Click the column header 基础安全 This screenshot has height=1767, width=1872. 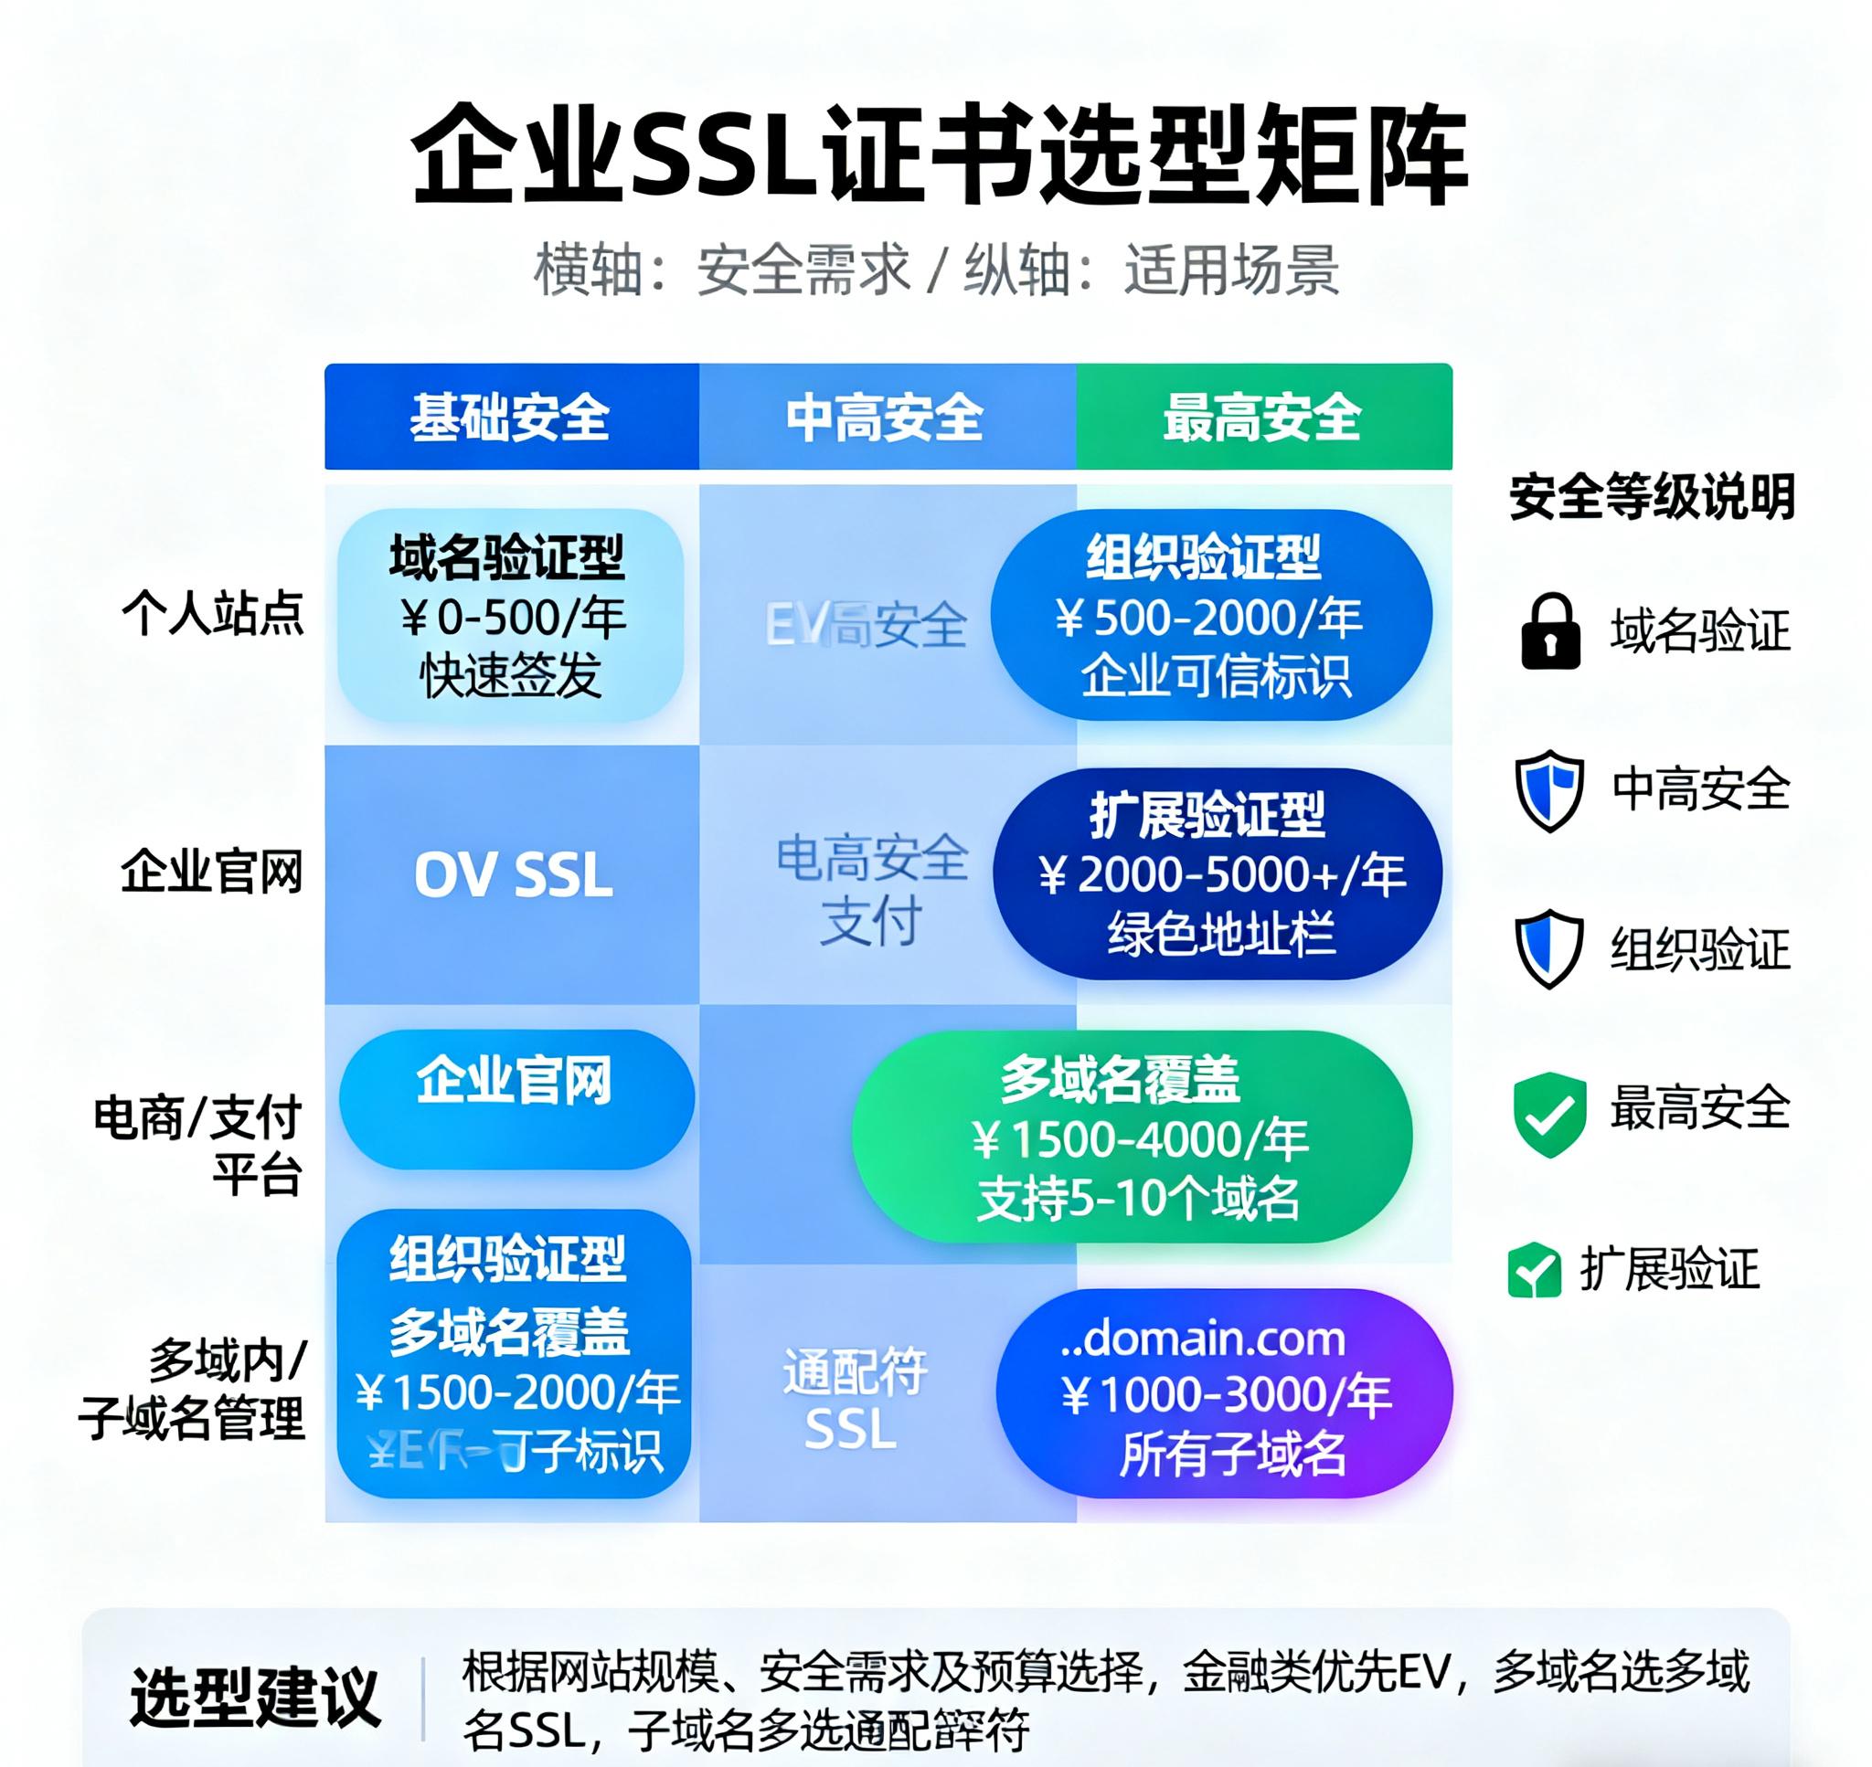[x=510, y=418]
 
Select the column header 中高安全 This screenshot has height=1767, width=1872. [x=886, y=418]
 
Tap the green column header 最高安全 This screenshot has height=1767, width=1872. [x=1262, y=418]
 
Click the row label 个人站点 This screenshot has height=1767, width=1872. [x=213, y=614]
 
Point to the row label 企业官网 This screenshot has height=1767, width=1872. [x=212, y=872]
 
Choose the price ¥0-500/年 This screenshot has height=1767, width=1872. [x=512, y=618]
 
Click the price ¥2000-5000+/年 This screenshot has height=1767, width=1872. [x=1222, y=875]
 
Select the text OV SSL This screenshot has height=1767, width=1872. [x=514, y=875]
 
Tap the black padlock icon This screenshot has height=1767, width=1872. [x=1550, y=632]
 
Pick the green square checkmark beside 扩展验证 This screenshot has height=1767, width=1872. [x=1534, y=1270]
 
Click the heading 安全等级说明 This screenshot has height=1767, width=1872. [x=1652, y=496]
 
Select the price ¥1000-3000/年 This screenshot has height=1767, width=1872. [x=1226, y=1395]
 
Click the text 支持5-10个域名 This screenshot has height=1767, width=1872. [x=1138, y=1199]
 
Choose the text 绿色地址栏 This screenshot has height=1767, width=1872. [x=1221, y=934]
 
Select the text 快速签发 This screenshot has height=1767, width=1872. [x=511, y=675]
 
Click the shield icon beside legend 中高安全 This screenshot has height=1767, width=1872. [x=1548, y=790]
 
